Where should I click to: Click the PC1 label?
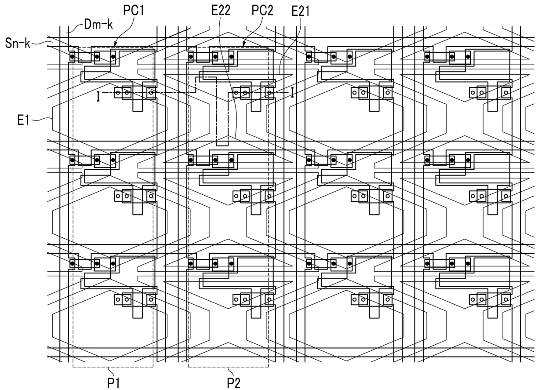(134, 11)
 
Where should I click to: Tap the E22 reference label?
(221, 11)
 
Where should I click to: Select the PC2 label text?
(262, 11)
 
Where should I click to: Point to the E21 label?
(301, 11)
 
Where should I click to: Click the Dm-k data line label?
(98, 24)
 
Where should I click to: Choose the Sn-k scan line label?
(18, 44)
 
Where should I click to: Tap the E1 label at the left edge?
(23, 120)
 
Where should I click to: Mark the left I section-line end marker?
(98, 96)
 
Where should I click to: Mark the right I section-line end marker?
(292, 93)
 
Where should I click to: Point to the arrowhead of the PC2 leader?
(243, 45)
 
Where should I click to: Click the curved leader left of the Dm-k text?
(75, 28)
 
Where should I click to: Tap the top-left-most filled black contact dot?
(72, 57)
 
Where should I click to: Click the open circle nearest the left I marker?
(118, 93)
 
